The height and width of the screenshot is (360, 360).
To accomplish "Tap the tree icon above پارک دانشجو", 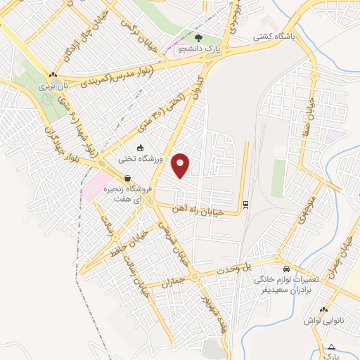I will [199, 38].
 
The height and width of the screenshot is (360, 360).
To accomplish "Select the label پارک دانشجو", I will [199, 49].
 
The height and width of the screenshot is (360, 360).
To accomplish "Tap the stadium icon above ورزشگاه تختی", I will [140, 148].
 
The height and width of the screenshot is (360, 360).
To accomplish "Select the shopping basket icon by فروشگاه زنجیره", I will [127, 178].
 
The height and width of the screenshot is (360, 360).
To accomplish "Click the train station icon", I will [245, 205].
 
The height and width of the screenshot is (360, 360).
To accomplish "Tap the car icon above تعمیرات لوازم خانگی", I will [285, 269].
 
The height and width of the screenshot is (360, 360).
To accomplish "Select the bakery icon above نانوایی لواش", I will [323, 309].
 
